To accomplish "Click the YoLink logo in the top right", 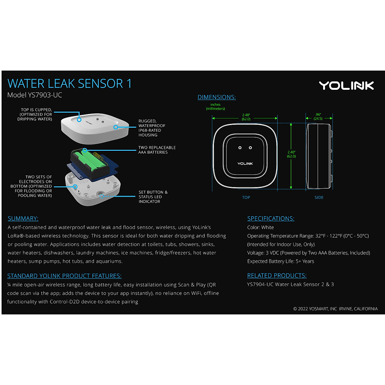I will click(x=346, y=85).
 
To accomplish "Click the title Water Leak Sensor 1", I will click(x=69, y=84).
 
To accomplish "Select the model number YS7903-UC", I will click(x=35, y=95).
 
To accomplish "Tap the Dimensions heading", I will click(x=217, y=97).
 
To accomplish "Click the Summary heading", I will click(x=23, y=218).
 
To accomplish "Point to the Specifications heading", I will click(x=270, y=218).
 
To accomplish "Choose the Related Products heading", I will click(x=277, y=276).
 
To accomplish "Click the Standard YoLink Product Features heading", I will click(x=64, y=276).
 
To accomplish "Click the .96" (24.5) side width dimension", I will click(x=318, y=116).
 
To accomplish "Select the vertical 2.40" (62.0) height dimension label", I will click(x=291, y=154).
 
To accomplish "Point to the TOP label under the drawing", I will click(x=246, y=198).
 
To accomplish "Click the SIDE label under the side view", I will click(x=319, y=198).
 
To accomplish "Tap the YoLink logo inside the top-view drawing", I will click(x=245, y=164).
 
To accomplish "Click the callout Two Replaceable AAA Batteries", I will click(x=157, y=150).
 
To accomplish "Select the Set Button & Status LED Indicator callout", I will click(x=153, y=197).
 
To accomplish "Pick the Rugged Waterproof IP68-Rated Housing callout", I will click(x=152, y=128).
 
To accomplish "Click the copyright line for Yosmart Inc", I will click(x=335, y=309).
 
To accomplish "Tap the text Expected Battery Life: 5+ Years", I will click(x=280, y=261).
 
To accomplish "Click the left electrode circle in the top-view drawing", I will click(x=240, y=148).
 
